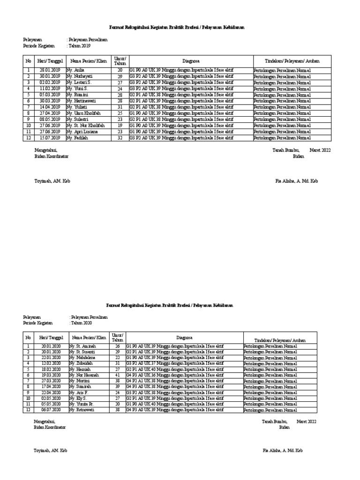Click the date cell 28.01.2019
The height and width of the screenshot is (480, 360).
tap(50, 70)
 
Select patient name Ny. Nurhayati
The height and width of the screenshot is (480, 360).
tap(80, 76)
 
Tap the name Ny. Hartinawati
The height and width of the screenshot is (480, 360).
tap(82, 101)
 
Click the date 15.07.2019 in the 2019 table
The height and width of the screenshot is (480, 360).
tap(50, 138)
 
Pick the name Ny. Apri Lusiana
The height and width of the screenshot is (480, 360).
tap(82, 132)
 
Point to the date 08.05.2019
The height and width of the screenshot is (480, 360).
tap(50, 120)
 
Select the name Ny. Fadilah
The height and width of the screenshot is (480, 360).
tap(77, 138)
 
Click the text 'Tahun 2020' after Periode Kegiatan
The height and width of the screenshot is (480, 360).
tap(82, 323)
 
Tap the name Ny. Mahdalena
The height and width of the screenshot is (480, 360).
tap(84, 357)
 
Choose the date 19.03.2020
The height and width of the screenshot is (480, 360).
tap(51, 375)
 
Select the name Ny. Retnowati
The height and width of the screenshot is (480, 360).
tap(83, 410)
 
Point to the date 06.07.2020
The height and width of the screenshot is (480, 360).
tap(51, 410)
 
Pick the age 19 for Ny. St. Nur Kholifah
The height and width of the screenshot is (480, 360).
tap(120, 126)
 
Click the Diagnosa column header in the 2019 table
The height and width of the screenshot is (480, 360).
tap(191, 61)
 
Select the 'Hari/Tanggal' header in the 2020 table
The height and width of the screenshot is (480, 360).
tap(51, 337)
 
